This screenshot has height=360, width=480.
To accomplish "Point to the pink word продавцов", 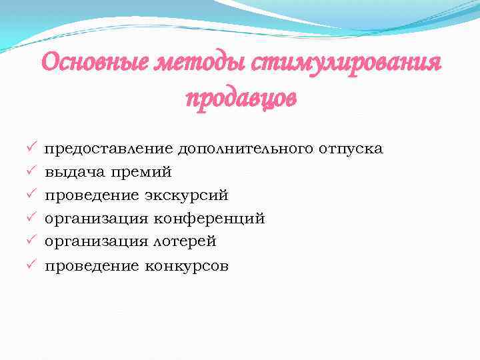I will pyautogui.click(x=241, y=99).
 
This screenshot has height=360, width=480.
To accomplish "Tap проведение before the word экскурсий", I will pyautogui.click(x=91, y=195).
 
